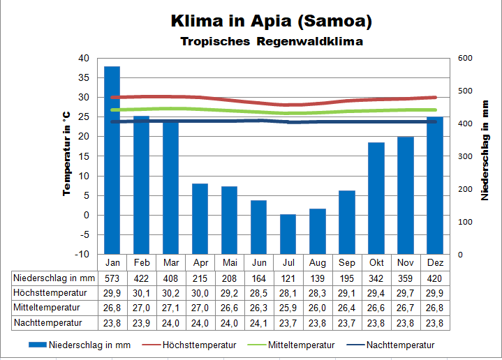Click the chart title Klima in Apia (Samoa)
coord(272,21)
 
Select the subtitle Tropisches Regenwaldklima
coord(272,41)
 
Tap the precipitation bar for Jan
coord(112,160)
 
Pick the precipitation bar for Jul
coord(288,234)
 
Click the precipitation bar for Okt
coord(376,198)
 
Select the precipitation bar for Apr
coord(200,219)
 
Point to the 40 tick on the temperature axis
coord(84,58)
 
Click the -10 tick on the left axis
coord(83,255)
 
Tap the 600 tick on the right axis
coord(464,58)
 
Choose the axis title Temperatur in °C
coord(67,153)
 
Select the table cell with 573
coord(112,278)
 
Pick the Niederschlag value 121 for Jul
coord(288,278)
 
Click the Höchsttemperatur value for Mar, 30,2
coord(171,292)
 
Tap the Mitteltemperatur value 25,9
coord(288,308)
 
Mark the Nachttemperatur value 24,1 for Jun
coord(259,323)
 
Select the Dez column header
coord(435,262)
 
